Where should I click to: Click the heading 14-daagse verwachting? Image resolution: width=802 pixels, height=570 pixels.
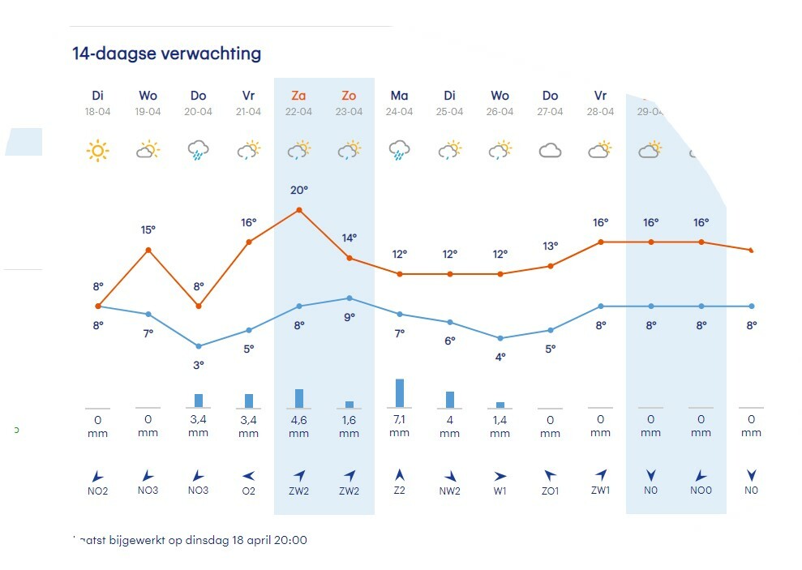click(x=166, y=54)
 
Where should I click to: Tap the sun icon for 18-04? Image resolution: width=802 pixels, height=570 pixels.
click(x=98, y=150)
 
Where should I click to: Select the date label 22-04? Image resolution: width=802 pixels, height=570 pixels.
click(x=299, y=112)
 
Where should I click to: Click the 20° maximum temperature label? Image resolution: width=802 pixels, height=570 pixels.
click(x=299, y=190)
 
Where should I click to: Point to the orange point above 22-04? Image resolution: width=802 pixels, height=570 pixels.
click(x=299, y=210)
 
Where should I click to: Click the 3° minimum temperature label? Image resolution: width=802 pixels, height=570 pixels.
click(x=199, y=365)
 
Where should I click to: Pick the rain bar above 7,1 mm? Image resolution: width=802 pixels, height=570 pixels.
click(x=400, y=392)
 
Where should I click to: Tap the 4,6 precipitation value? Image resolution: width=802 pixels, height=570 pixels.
click(x=299, y=419)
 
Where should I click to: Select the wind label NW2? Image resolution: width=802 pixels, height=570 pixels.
click(x=450, y=491)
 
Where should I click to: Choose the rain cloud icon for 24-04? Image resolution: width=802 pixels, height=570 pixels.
click(x=400, y=151)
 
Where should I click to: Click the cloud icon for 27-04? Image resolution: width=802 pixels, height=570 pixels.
click(x=551, y=150)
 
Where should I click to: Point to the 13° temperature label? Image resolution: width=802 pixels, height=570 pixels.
click(x=551, y=246)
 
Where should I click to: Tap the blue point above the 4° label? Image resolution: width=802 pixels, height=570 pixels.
click(x=500, y=338)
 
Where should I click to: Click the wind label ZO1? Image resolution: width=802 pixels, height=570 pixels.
click(x=551, y=491)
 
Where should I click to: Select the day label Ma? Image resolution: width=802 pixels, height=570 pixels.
click(x=400, y=96)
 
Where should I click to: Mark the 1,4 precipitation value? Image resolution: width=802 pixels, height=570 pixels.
click(x=500, y=419)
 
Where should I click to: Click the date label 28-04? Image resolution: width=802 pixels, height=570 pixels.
click(x=601, y=112)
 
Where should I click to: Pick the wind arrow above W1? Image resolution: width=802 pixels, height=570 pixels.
click(x=500, y=475)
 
